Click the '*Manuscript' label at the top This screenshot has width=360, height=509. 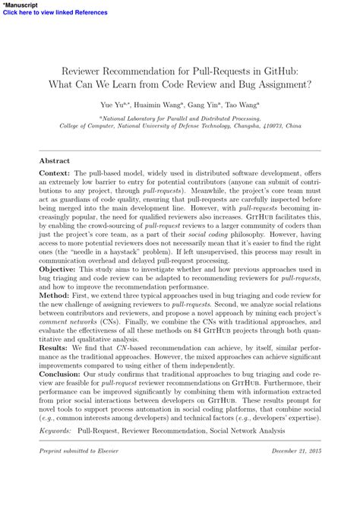[x=20, y=5]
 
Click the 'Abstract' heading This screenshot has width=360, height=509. [x=54, y=161]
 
